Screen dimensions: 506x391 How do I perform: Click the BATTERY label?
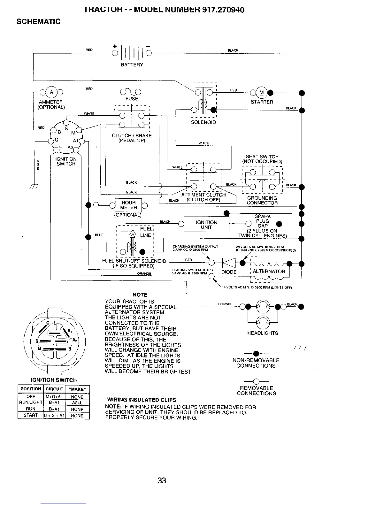132,65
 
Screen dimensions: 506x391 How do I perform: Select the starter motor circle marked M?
262,93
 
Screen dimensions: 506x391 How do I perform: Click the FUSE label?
132,99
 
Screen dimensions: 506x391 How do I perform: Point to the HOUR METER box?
128,205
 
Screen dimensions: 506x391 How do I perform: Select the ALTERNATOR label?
269,272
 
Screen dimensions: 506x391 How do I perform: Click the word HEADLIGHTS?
263,333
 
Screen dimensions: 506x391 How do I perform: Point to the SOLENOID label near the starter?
203,122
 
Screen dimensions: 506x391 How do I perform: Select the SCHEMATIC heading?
38,22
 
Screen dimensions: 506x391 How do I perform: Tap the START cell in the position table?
31,416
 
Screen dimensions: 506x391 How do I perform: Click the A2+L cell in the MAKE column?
77,403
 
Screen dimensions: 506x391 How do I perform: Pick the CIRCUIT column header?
54,389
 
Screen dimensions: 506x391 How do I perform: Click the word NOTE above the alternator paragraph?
140,295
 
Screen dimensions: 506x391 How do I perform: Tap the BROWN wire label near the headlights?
224,304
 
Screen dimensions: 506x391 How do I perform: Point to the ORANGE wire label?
144,273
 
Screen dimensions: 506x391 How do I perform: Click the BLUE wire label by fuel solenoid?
99,235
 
